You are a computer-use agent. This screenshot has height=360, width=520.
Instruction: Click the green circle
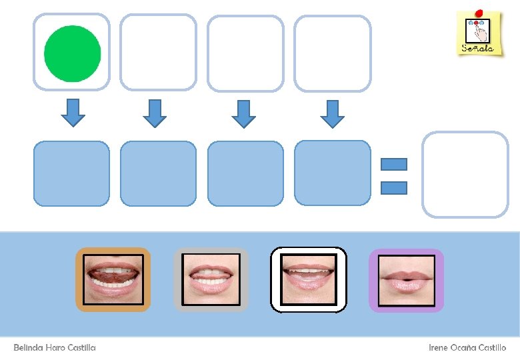(72, 53)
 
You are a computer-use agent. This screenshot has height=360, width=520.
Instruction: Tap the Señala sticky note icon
(479, 33)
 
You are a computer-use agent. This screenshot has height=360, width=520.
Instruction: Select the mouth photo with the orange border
(113, 279)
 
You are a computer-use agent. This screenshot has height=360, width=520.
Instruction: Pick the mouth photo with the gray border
(211, 279)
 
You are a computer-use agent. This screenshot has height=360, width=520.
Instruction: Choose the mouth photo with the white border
(309, 279)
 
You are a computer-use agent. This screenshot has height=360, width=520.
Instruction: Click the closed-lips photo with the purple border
(406, 280)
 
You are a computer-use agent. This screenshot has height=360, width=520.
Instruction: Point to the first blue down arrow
(73, 113)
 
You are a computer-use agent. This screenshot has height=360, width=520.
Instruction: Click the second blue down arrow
(155, 113)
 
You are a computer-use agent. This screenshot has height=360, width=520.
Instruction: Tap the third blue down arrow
(244, 113)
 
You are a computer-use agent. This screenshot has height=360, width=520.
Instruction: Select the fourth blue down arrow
(332, 113)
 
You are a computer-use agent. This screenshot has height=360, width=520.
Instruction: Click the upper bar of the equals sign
(393, 164)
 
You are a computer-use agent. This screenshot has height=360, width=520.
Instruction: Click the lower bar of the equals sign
(393, 187)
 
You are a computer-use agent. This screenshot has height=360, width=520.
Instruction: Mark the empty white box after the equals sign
(465, 174)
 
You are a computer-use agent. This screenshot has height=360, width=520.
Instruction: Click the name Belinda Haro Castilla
(55, 347)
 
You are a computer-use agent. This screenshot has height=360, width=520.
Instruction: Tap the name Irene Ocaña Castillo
(467, 347)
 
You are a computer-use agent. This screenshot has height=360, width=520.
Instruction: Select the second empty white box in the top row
(158, 53)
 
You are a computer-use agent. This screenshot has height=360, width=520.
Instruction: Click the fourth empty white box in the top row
(332, 53)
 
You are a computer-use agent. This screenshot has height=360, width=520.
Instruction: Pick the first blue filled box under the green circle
(71, 173)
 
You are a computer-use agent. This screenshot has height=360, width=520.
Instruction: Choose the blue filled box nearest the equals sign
(332, 173)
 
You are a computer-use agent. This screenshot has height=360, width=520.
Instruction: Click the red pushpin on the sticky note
(480, 12)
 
